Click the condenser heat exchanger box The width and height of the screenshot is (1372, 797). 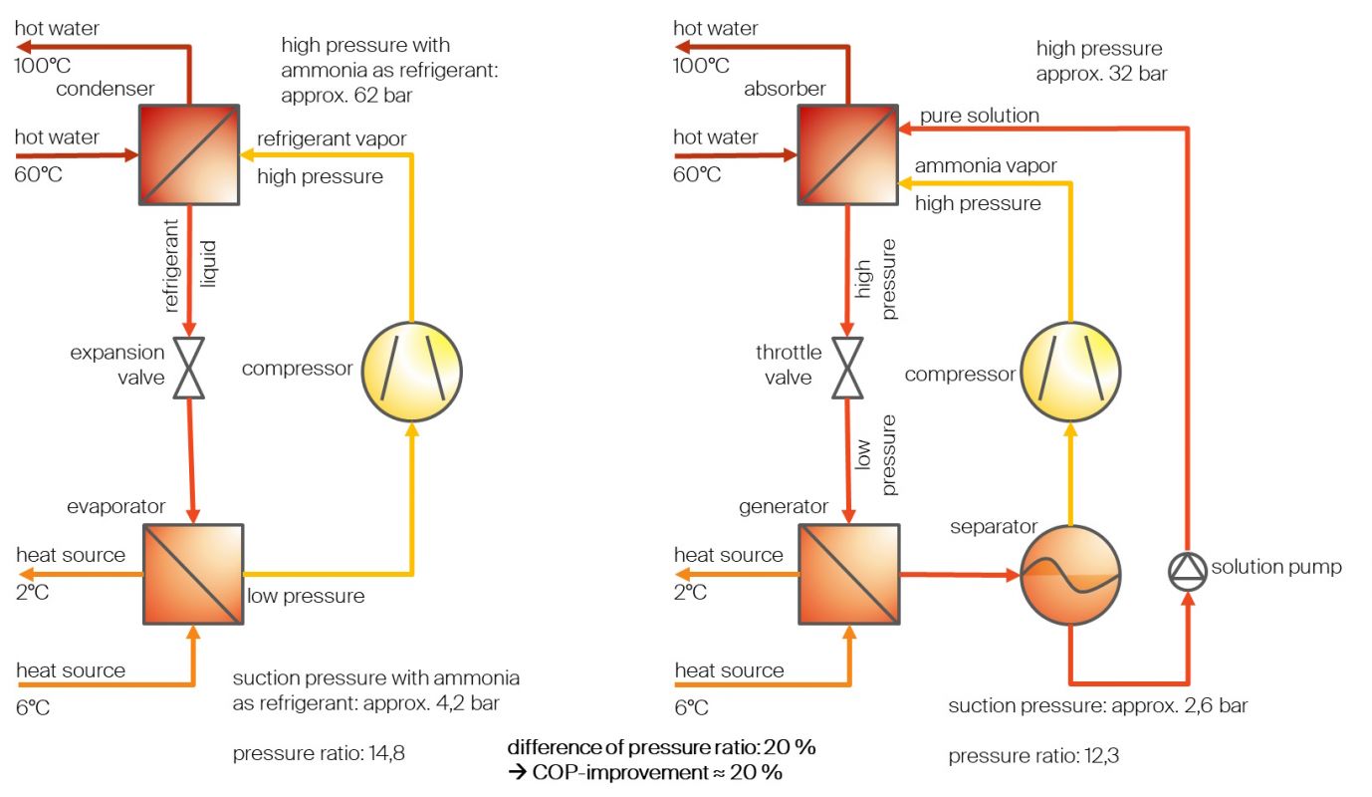pos(188,153)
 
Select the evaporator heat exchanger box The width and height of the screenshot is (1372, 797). pos(194,575)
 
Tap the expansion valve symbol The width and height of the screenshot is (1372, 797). pos(188,368)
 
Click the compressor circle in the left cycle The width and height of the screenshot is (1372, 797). pos(411,369)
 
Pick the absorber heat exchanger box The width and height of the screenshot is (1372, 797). pos(847,153)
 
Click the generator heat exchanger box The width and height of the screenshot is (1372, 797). pos(849,575)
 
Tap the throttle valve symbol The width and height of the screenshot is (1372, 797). pos(847,368)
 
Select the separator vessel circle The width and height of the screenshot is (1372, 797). pos(1070,576)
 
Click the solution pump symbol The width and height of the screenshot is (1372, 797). pos(1187,568)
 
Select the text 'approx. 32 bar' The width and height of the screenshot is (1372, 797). pos(1101,73)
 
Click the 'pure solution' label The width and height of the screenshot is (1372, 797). pos(979,116)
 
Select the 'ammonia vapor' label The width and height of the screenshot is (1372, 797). pos(986,165)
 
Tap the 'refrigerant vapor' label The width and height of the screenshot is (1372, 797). pos(332,138)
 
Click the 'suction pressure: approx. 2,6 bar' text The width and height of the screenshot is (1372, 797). pos(1097,706)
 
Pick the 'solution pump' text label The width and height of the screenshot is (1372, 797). pos(1275,567)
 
